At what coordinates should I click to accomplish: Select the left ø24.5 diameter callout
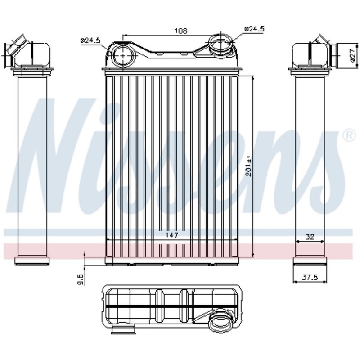click(90, 40)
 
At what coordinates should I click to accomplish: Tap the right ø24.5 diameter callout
click(254, 29)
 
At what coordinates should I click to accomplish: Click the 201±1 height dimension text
click(248, 166)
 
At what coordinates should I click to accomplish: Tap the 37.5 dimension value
click(310, 278)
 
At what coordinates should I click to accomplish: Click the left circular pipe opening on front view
click(122, 55)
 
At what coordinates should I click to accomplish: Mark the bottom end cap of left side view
click(31, 260)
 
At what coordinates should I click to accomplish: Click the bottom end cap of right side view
click(309, 261)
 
